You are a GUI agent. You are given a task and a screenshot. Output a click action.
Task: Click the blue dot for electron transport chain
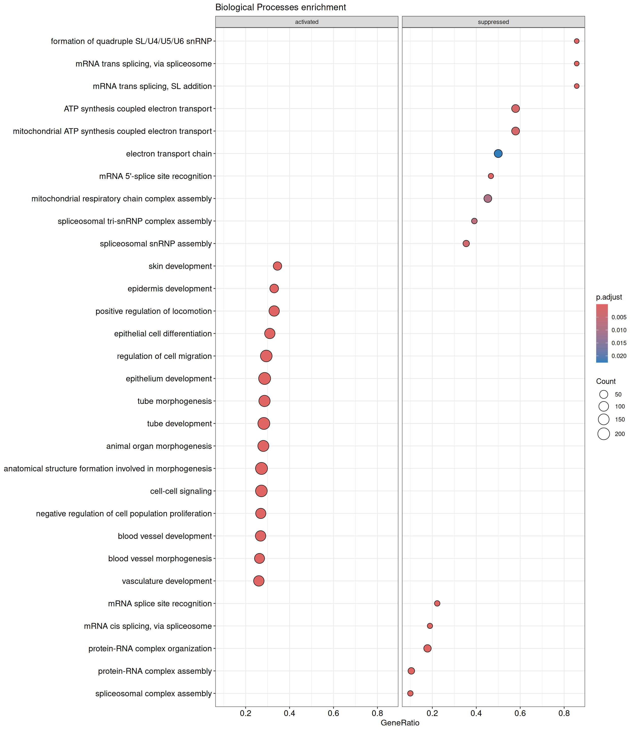[498, 153]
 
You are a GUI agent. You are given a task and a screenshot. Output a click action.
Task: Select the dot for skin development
[277, 266]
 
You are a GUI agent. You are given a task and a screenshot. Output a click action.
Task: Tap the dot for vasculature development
[259, 581]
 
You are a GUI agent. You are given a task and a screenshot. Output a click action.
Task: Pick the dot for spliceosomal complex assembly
[410, 693]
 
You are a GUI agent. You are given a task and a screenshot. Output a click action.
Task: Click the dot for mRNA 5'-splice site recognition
[491, 176]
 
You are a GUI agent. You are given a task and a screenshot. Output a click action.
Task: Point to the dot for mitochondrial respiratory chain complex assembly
[487, 198]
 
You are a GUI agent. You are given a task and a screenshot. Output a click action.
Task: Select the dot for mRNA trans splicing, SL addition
[576, 86]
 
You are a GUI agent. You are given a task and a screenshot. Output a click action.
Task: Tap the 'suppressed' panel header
[493, 22]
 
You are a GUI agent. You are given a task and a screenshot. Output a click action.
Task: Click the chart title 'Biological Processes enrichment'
[281, 7]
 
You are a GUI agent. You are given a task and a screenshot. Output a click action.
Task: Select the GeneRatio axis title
[400, 723]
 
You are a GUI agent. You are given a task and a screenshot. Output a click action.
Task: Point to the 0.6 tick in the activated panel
[333, 713]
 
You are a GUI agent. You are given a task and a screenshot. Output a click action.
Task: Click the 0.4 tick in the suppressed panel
[476, 713]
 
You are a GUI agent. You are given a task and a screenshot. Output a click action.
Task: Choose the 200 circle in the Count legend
[604, 434]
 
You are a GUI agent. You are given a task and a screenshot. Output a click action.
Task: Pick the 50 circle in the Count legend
[604, 394]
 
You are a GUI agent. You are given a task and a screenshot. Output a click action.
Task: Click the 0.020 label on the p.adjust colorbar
[619, 356]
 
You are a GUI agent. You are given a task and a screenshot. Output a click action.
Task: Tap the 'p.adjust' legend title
[609, 297]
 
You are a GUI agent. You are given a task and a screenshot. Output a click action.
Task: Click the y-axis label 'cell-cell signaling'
[181, 491]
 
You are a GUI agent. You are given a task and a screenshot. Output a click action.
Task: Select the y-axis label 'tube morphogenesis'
[175, 401]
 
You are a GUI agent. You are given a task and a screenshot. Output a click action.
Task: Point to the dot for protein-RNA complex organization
[427, 648]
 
